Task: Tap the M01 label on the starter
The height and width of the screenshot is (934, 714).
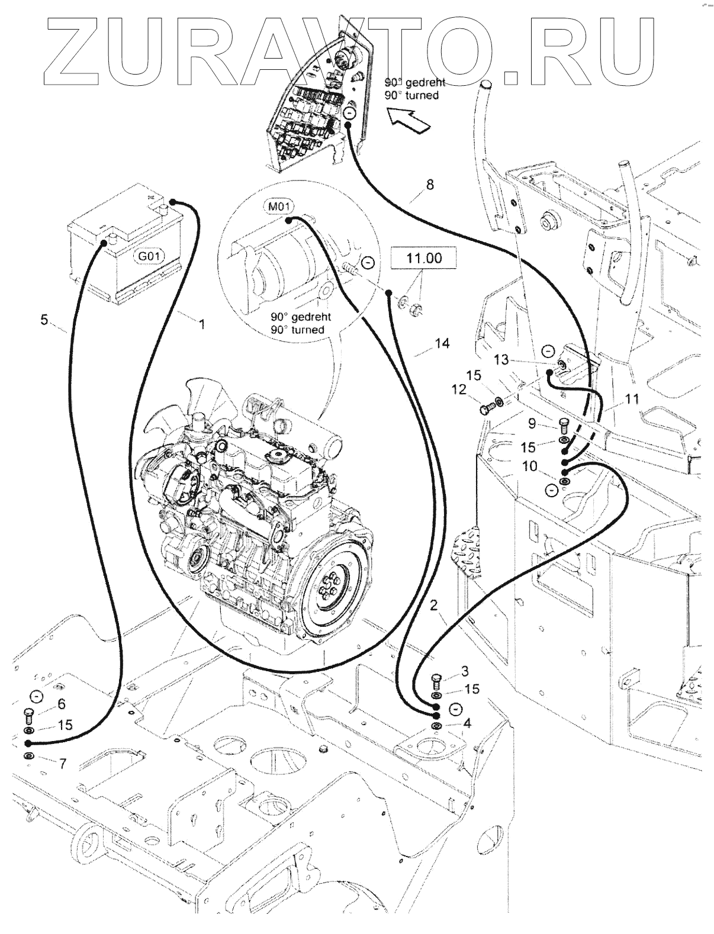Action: click(x=276, y=206)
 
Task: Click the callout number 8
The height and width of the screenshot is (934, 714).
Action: click(x=430, y=185)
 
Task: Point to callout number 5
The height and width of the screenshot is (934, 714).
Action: click(x=44, y=320)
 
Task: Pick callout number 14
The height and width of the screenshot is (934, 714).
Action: click(x=442, y=343)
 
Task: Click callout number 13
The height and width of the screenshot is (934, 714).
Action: click(x=501, y=359)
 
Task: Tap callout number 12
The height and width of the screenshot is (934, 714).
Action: click(x=459, y=389)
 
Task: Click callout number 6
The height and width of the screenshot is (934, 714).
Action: click(x=61, y=703)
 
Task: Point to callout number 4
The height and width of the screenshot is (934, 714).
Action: click(x=467, y=723)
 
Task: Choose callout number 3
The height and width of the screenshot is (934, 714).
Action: click(x=465, y=671)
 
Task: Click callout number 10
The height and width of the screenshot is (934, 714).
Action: click(x=530, y=466)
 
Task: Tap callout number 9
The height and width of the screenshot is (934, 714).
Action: click(x=531, y=423)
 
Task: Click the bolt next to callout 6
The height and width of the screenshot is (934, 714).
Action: click(x=28, y=715)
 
